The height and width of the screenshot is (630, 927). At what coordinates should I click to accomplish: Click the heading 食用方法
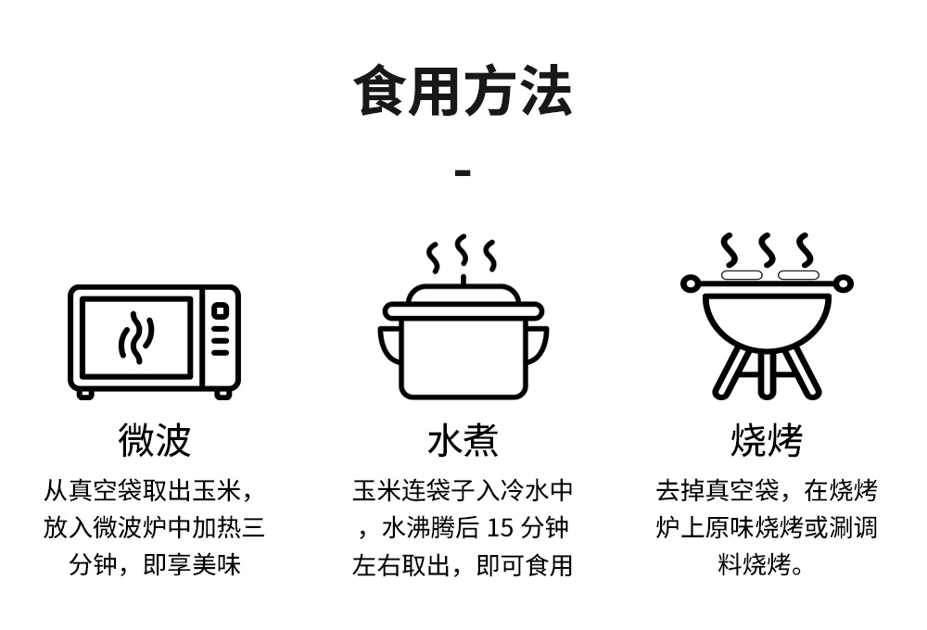[x=463, y=90]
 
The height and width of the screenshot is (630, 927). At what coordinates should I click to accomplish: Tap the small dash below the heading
[x=463, y=172]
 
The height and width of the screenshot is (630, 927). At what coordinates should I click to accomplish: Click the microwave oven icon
[x=154, y=341]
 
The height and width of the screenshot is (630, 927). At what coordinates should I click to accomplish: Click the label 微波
[x=154, y=440]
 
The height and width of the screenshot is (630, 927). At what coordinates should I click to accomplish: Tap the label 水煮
[x=463, y=441]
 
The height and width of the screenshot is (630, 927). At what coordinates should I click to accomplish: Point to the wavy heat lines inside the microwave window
[x=135, y=337]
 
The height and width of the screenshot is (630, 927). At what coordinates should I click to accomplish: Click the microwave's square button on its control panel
[x=220, y=311]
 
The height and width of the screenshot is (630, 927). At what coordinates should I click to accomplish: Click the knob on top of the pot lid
[x=463, y=281]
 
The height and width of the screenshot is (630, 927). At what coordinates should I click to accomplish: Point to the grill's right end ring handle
[x=843, y=283]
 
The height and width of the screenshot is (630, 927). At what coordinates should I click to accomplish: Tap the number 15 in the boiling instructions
[x=499, y=528]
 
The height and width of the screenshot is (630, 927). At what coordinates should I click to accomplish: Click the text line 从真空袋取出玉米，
[x=148, y=491]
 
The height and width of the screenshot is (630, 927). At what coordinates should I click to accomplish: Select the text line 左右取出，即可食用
[x=463, y=565]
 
